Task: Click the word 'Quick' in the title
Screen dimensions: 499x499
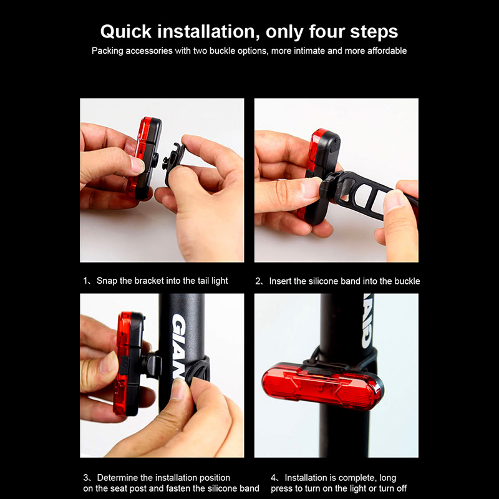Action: (126, 32)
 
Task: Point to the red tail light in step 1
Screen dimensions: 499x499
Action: (144, 158)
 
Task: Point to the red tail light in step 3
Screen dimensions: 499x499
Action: (129, 364)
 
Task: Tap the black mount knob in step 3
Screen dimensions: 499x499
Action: (152, 365)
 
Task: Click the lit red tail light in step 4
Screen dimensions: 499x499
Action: (322, 385)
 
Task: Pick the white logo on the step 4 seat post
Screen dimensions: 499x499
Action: (367, 321)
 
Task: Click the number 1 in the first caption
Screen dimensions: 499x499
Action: (85, 281)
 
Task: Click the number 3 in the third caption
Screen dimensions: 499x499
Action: (85, 478)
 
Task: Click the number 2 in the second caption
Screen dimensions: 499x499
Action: (258, 281)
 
